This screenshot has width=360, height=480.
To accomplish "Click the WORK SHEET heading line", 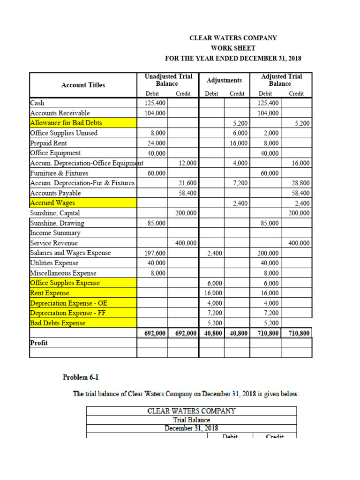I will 233,48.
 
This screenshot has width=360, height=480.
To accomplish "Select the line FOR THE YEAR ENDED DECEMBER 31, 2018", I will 233,59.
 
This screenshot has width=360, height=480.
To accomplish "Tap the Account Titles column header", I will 83,85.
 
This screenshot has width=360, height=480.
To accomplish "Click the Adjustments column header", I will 224,80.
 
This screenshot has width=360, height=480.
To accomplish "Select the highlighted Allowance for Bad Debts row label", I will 66,123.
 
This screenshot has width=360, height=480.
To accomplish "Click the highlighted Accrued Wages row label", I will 52,203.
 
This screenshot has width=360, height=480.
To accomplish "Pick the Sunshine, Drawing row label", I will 57,223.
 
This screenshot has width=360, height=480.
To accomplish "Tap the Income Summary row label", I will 55,233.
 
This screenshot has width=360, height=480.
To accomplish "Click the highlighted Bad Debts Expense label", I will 58,323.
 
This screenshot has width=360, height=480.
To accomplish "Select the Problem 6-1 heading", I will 81,377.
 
